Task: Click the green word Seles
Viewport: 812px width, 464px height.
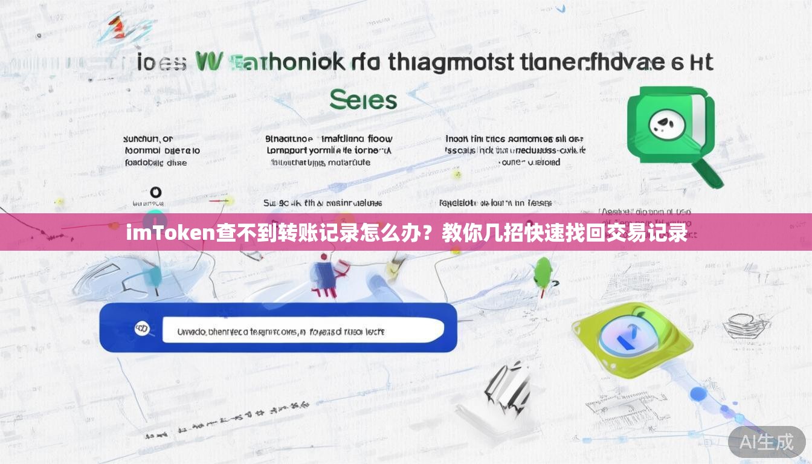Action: pyautogui.click(x=363, y=100)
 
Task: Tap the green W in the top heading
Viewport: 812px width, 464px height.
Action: pyautogui.click(x=210, y=62)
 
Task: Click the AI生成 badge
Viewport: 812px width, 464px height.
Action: pyautogui.click(x=767, y=442)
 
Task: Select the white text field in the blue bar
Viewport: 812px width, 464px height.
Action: pyautogui.click(x=303, y=330)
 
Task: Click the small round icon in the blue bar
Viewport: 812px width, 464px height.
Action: pyautogui.click(x=142, y=329)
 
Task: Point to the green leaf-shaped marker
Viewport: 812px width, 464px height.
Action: pyautogui.click(x=543, y=272)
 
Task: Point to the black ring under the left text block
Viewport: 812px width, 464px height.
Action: pyautogui.click(x=155, y=193)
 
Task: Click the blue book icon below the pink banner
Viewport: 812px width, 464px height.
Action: pyautogui.click(x=322, y=275)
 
